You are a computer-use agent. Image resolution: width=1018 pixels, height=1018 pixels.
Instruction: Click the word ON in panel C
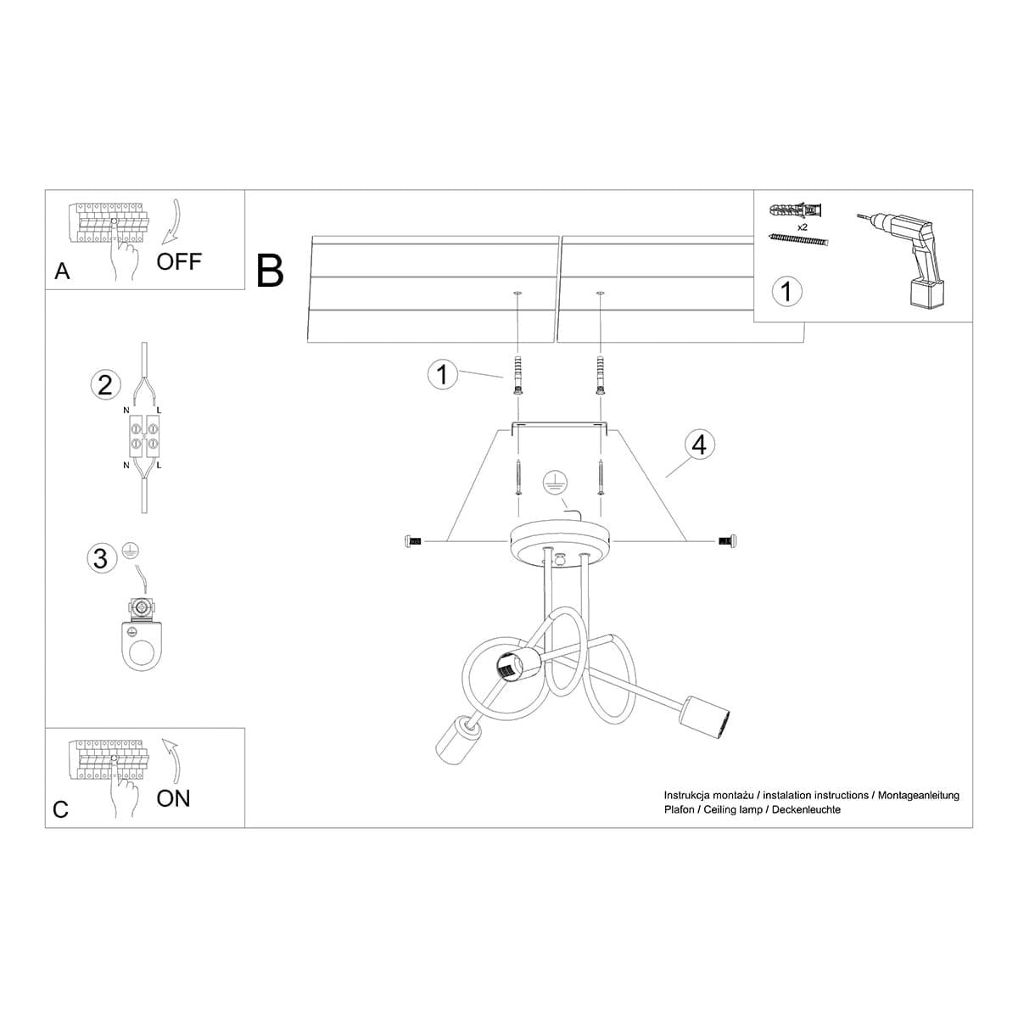(x=173, y=797)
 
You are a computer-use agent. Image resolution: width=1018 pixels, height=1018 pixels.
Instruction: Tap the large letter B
(x=270, y=271)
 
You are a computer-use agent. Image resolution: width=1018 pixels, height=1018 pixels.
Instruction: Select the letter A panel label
(x=62, y=271)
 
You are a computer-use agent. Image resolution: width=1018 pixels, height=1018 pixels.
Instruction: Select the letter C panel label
(x=60, y=809)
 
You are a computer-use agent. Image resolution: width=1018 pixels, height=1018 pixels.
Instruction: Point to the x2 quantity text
(x=801, y=228)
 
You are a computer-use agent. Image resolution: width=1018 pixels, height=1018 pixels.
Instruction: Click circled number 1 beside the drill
(x=786, y=292)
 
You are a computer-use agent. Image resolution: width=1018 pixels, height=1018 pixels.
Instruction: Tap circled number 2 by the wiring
(x=104, y=385)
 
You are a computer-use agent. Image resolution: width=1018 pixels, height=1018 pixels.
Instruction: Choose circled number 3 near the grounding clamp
(x=101, y=558)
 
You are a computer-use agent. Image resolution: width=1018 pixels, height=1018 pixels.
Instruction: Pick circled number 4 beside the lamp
(x=699, y=444)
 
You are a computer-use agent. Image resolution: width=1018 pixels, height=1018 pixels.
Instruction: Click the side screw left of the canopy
(x=414, y=540)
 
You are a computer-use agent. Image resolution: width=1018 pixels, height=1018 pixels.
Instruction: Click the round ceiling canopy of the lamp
(x=560, y=541)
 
